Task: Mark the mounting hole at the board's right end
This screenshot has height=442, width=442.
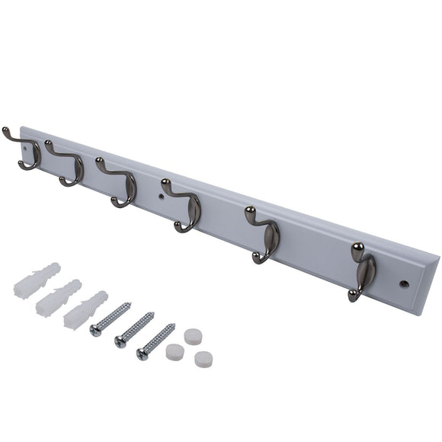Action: tap(404, 283)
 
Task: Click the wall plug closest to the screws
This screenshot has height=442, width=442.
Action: tap(85, 309)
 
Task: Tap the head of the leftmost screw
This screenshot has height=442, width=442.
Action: tap(95, 329)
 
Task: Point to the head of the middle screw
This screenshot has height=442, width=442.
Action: tap(120, 342)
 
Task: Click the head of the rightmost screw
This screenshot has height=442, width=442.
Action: tap(143, 353)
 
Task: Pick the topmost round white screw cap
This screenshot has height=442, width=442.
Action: tap(193, 336)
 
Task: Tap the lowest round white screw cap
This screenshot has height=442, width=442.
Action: tap(203, 359)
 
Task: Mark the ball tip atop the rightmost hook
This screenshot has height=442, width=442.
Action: tap(357, 247)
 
